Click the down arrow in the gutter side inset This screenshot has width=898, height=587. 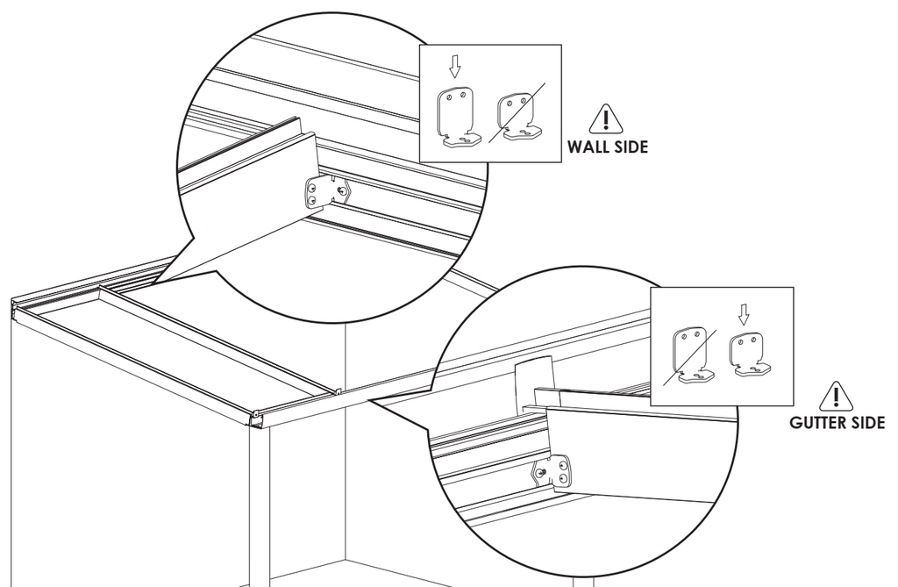(x=744, y=313)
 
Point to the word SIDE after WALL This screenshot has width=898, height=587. (x=631, y=147)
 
